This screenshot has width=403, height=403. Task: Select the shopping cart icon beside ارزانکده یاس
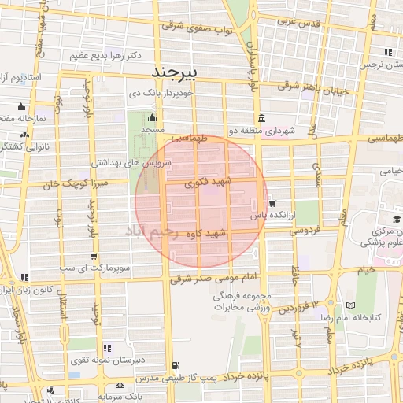click(x=272, y=203)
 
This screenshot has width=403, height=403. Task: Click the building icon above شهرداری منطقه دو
click(x=261, y=118)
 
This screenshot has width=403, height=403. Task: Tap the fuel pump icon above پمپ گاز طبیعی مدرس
click(x=175, y=366)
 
